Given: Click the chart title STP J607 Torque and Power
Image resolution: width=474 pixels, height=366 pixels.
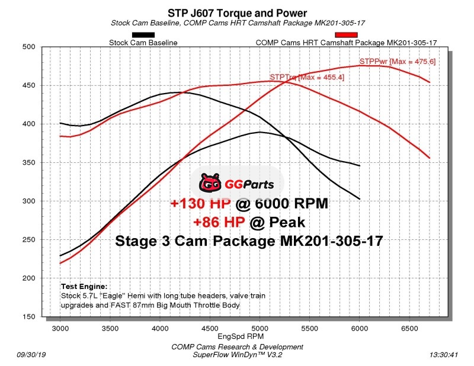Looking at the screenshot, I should coord(237,12).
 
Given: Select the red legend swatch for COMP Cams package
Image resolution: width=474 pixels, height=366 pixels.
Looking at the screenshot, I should coord(344,35).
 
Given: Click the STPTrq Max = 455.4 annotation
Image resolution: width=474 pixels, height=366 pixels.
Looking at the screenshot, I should coord(306,78).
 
